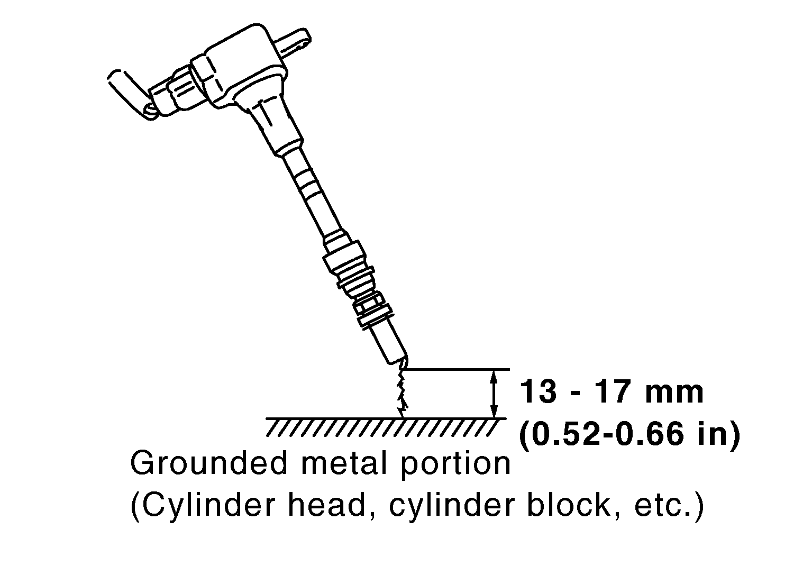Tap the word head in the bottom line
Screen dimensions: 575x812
334,506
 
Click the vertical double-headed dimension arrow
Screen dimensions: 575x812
494,394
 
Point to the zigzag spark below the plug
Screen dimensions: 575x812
402,391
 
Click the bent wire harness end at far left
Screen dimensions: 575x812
127,90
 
